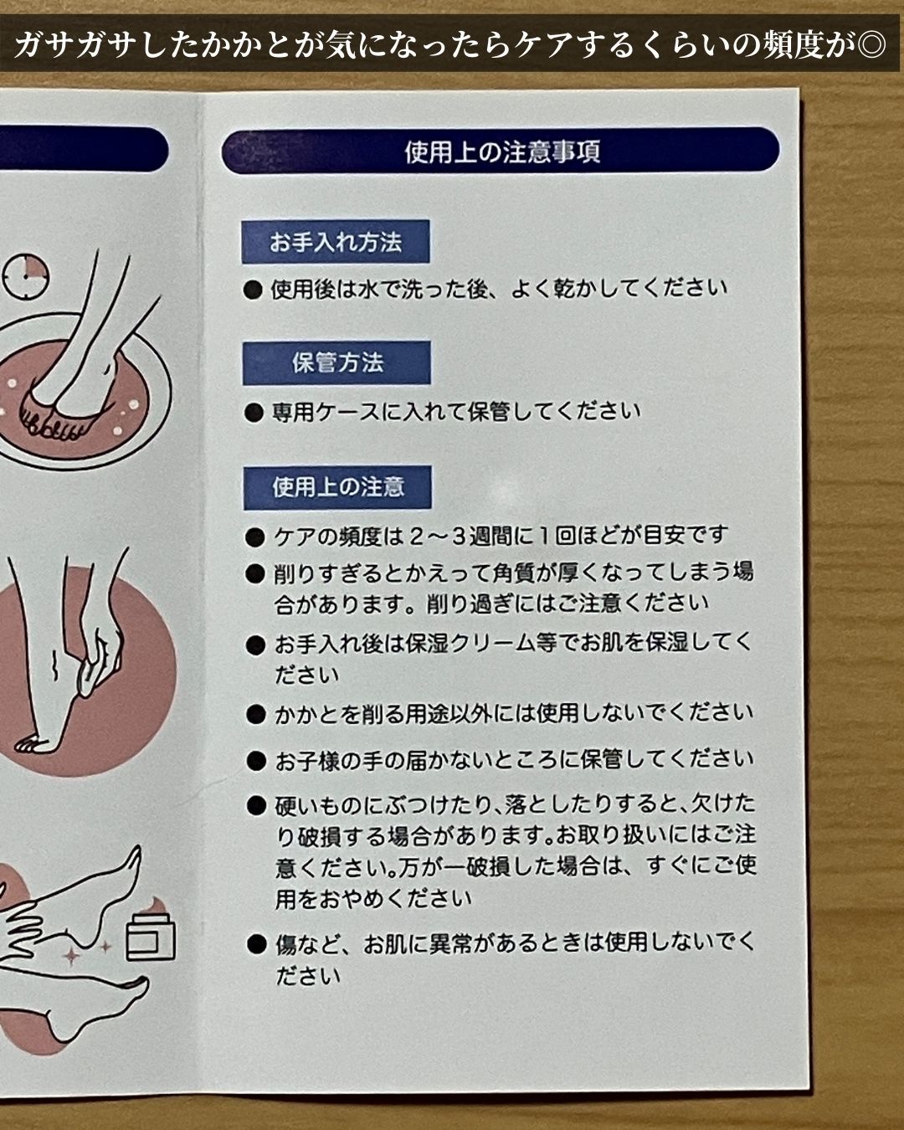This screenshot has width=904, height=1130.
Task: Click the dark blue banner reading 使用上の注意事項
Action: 500,151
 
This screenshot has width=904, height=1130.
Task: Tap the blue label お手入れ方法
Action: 335,242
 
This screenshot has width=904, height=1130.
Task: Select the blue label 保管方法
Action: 336,362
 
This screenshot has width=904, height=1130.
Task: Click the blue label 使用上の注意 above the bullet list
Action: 337,487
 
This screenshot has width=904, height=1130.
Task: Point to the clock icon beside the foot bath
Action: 25,276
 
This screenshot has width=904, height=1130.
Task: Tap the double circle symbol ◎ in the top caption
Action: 871,45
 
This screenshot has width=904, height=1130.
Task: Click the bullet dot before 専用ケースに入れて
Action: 254,413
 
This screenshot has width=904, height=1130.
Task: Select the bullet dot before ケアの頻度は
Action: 254,537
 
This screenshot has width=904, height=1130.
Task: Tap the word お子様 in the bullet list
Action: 308,761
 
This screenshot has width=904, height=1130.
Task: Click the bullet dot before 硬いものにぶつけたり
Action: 256,806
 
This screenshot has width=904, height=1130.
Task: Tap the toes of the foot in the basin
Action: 50,421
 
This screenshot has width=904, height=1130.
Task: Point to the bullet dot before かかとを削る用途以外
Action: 256,715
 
